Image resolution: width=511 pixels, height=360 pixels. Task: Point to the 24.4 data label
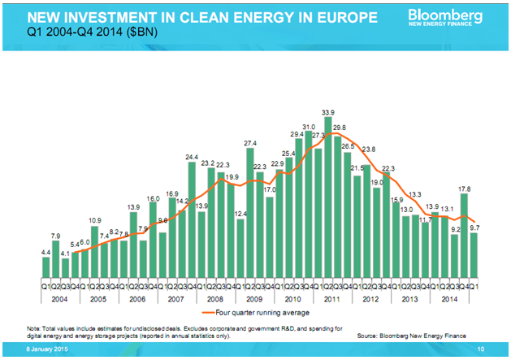click(x=192, y=157)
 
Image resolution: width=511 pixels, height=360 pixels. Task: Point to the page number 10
click(x=482, y=349)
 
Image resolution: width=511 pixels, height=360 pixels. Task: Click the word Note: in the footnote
click(x=33, y=327)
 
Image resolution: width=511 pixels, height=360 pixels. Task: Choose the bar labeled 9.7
click(x=474, y=255)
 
